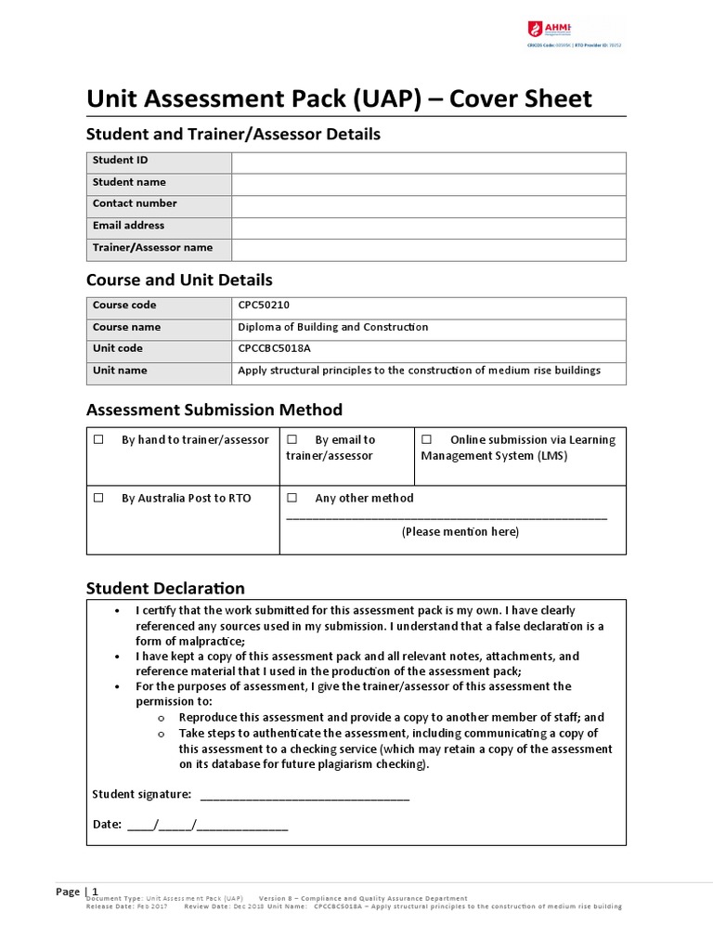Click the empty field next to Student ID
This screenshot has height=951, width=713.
coord(428,162)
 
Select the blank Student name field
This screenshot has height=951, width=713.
coord(428,184)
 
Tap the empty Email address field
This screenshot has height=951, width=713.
coord(428,228)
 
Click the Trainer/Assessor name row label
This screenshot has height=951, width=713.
coord(152,248)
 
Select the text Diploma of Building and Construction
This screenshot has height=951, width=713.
coord(333,327)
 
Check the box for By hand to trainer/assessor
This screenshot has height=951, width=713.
coord(97,440)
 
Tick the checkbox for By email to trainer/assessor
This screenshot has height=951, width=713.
coord(292,440)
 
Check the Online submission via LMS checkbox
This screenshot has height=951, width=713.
coord(427,440)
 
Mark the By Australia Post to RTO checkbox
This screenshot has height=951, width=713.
coord(97,499)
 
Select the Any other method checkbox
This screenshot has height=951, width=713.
coord(292,499)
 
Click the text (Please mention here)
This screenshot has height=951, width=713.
coord(460,532)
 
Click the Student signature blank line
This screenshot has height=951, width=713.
coord(305,795)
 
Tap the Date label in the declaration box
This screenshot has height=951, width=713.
coord(107,825)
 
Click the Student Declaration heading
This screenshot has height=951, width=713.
coord(165,589)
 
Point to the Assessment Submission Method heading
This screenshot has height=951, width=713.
coord(214,410)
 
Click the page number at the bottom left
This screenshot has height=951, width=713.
coord(94,892)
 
